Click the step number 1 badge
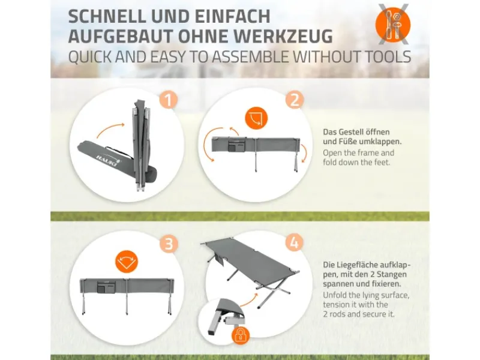click(169, 100)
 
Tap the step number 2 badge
click(295, 100)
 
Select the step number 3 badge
click(169, 244)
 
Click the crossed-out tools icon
click(393, 24)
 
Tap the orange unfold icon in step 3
click(127, 262)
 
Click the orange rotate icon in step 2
click(256, 118)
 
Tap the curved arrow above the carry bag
click(111, 130)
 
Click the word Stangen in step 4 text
click(392, 274)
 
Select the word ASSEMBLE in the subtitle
click(254, 56)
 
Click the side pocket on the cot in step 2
click(237, 144)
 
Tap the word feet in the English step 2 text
click(382, 162)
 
